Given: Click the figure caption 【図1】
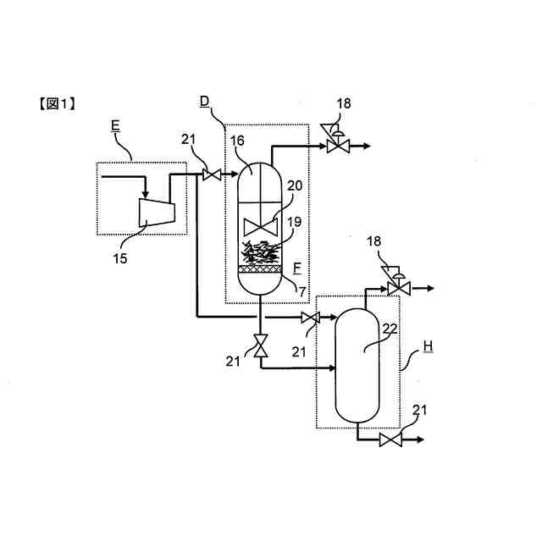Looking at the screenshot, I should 57,104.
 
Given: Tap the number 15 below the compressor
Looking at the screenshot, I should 121,258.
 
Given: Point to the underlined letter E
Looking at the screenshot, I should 115,127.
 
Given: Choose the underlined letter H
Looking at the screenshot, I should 427,348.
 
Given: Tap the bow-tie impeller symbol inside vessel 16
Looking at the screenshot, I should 259,227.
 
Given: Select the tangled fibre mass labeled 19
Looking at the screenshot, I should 258,252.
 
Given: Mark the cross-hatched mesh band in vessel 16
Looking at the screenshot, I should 259,268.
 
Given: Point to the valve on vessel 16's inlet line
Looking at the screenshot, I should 211,175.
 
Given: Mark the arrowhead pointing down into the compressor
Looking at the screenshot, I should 146,197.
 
